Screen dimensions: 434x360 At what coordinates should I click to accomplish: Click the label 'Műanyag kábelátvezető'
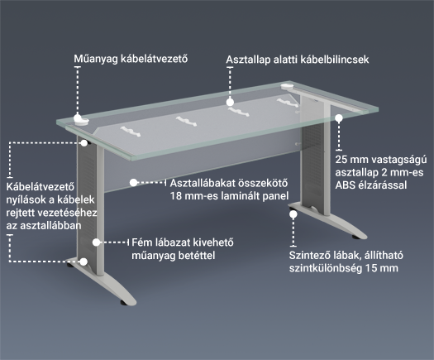(131, 59)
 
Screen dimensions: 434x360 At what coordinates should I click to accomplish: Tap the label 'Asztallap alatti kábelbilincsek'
(298, 60)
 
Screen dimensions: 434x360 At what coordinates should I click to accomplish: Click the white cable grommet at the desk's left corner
(81, 121)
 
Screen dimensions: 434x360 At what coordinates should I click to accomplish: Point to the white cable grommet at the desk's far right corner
(289, 86)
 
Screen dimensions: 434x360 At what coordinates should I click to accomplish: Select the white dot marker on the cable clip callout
(230, 103)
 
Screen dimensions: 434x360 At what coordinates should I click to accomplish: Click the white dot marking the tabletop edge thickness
(339, 118)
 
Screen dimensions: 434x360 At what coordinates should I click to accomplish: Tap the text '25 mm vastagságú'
(381, 160)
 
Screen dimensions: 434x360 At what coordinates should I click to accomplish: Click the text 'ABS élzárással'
(371, 185)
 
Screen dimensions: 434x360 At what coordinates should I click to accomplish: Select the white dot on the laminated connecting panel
(133, 183)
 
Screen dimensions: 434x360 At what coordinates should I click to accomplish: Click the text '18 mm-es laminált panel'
(229, 196)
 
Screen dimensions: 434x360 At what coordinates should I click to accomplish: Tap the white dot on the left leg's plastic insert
(96, 242)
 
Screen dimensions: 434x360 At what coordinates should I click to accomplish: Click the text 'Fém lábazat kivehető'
(183, 242)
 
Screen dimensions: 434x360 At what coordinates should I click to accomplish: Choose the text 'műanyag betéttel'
(174, 256)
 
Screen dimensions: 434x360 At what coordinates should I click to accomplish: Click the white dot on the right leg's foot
(293, 214)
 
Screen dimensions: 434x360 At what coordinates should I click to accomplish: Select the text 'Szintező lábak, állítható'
(346, 255)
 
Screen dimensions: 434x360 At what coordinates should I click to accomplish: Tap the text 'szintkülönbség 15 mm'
(344, 268)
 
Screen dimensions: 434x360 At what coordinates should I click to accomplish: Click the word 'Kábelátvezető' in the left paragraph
(41, 186)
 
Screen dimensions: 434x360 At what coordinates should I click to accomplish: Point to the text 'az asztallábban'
(44, 226)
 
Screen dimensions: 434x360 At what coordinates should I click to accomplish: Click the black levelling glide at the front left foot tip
(122, 303)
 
